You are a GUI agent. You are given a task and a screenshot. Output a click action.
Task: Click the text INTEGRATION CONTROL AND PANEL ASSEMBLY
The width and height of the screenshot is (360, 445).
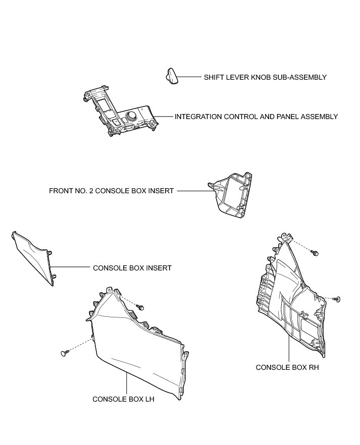(256, 117)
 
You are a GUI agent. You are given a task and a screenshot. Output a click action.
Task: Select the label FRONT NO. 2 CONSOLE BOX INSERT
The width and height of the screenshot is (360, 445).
(111, 191)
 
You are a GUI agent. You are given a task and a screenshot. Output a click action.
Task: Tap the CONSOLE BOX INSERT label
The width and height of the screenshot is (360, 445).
(132, 268)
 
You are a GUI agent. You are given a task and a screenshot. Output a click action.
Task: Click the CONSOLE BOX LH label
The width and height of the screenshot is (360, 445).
(123, 399)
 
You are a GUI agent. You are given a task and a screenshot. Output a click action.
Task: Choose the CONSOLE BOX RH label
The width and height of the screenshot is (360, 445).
(287, 367)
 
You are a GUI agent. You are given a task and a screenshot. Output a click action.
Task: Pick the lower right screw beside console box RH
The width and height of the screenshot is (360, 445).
(337, 299)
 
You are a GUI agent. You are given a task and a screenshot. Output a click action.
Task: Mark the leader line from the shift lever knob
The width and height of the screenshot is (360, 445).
(189, 77)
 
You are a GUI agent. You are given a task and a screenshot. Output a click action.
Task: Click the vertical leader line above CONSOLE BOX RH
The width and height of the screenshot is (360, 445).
(288, 348)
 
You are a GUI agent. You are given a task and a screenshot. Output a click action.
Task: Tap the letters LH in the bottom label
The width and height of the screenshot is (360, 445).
(149, 399)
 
